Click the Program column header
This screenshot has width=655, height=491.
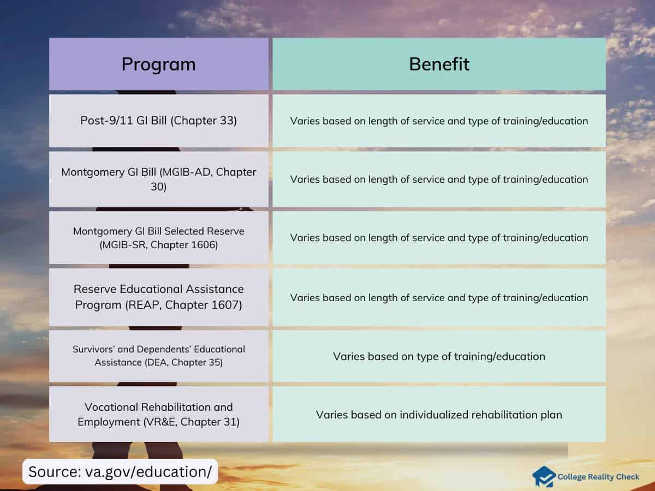[x=159, y=64]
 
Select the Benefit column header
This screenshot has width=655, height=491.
[x=439, y=64]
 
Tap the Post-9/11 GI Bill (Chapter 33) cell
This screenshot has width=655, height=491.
[x=159, y=121]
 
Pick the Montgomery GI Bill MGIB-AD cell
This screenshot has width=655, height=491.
[x=159, y=179]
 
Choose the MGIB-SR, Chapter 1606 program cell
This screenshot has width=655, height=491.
[x=159, y=238]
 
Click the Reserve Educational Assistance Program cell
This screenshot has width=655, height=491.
[x=159, y=297]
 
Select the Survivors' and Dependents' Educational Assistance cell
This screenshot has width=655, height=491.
[x=159, y=356]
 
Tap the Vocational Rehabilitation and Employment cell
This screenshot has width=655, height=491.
[x=159, y=414]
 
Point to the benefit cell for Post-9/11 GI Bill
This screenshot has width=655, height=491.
[x=439, y=121]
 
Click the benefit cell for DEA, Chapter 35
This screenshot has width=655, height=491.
[x=439, y=356]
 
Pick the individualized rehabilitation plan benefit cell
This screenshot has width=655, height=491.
[x=439, y=414]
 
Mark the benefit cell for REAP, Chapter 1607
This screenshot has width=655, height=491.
[x=439, y=297]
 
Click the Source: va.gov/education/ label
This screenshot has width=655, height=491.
[x=120, y=471]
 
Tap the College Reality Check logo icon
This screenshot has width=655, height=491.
[x=544, y=476]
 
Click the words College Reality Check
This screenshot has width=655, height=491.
[x=598, y=477]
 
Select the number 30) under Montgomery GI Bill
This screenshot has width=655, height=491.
[x=158, y=187]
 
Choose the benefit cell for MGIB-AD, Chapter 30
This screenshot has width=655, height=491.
[x=439, y=179]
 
